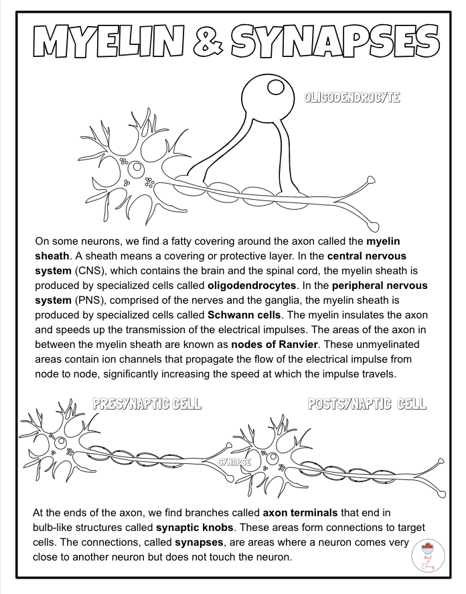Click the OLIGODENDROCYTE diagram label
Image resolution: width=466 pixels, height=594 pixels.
click(352, 97)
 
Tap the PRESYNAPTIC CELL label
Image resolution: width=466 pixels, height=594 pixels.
click(147, 404)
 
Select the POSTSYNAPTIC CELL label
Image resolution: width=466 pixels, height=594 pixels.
click(367, 404)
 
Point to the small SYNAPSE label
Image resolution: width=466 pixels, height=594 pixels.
click(234, 462)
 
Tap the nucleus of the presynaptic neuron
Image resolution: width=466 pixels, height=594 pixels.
click(62, 442)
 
